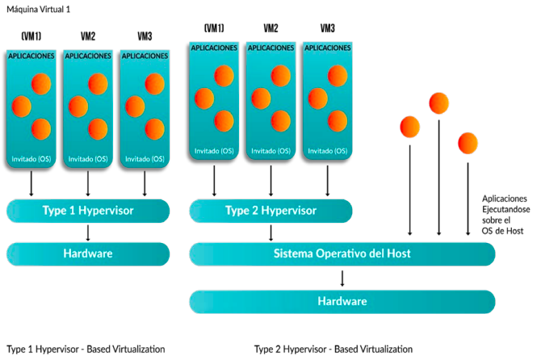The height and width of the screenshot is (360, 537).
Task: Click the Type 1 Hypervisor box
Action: click(88, 211)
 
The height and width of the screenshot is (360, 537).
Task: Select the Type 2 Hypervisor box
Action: click(271, 211)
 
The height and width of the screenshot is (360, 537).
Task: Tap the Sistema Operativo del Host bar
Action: click(342, 253)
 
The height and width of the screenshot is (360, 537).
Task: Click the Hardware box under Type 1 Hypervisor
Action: click(88, 253)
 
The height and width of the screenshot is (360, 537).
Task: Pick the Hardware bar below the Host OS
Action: click(342, 301)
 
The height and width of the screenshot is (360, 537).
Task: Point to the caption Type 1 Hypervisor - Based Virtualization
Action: click(86, 350)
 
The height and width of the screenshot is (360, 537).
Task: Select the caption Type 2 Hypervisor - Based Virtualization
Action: click(333, 350)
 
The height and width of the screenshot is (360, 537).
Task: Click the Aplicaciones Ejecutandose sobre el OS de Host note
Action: click(504, 215)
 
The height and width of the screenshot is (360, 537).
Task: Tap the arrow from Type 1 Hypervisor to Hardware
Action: click(88, 232)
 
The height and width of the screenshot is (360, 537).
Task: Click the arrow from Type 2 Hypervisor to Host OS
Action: click(271, 232)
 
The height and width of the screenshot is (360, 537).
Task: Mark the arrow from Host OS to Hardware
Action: click(342, 278)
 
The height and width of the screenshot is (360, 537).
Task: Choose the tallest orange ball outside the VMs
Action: click(438, 103)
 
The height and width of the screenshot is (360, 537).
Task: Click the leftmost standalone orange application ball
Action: click(409, 126)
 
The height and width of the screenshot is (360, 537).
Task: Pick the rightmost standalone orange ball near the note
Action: click(468, 143)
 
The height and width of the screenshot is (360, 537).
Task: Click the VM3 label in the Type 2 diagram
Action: click(328, 28)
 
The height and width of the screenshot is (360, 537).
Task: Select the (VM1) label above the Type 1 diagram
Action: click(31, 36)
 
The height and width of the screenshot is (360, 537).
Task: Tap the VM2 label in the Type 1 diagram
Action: click(88, 36)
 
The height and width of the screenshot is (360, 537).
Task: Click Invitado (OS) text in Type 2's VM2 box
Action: click(271, 150)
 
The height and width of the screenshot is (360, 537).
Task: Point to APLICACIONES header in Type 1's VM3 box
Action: click(145, 57)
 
